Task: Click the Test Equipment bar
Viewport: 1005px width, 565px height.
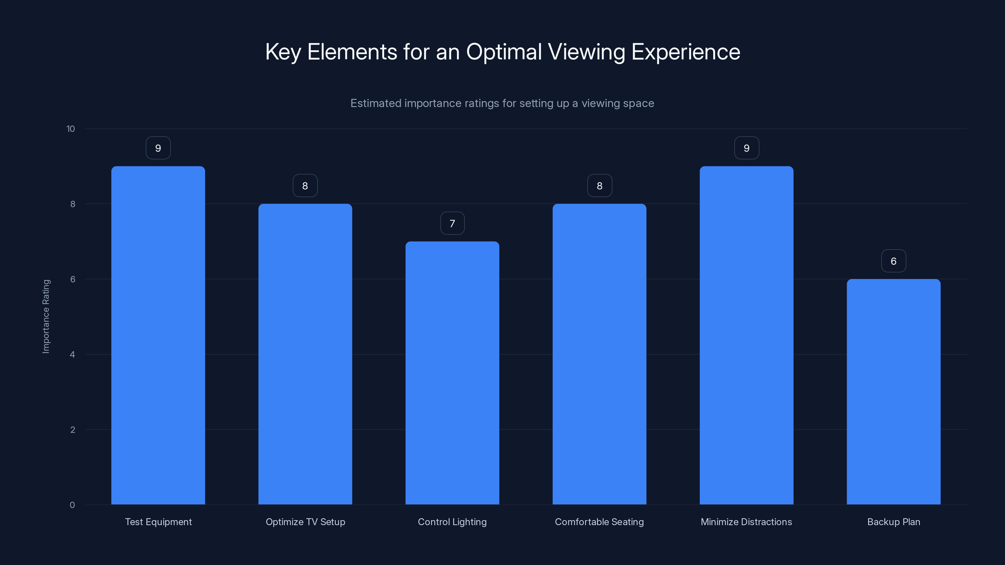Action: (158, 335)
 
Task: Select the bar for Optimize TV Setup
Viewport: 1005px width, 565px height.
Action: (305, 354)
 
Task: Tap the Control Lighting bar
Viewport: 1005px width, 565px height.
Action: (452, 373)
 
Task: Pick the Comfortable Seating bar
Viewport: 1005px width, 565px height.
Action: (599, 354)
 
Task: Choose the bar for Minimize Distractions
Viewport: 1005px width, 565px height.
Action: (746, 335)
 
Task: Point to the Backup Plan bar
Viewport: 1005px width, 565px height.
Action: (894, 391)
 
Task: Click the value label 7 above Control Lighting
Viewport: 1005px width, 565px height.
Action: (452, 223)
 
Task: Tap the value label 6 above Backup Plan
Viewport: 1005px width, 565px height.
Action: (894, 261)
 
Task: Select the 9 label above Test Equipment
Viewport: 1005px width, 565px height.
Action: (158, 148)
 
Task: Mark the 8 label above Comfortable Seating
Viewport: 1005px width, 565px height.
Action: (599, 186)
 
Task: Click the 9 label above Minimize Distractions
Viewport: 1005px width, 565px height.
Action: (746, 148)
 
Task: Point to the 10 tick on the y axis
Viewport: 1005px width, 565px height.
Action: (71, 129)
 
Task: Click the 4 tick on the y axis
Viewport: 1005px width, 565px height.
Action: (72, 354)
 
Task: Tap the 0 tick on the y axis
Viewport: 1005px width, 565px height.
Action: (72, 505)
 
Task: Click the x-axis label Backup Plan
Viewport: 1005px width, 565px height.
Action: (894, 522)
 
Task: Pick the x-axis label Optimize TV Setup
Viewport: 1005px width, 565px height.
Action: (305, 522)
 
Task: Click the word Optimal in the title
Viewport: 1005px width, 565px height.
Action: (504, 52)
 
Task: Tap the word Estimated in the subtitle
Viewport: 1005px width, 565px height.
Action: (376, 103)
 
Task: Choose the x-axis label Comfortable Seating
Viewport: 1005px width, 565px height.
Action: (599, 522)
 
